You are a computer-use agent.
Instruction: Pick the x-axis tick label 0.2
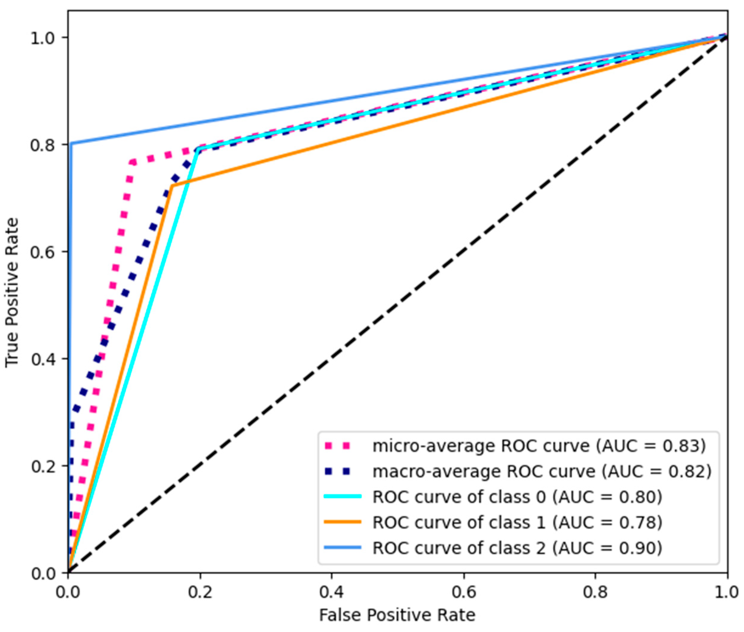[200, 592]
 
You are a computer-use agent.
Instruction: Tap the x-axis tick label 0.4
[332, 592]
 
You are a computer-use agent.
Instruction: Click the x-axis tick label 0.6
[463, 592]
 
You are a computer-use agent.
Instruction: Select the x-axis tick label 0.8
[595, 592]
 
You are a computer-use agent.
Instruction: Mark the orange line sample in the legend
[342, 522]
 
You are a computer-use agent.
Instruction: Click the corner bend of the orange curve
[172, 186]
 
